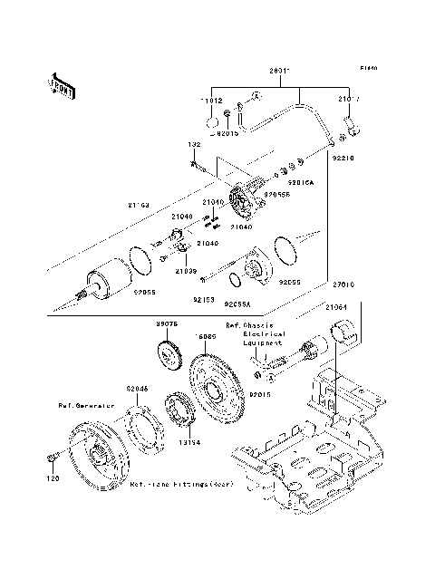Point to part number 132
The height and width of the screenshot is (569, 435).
point(194,145)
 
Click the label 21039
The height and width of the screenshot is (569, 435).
point(187,271)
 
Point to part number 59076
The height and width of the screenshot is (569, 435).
point(167,322)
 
